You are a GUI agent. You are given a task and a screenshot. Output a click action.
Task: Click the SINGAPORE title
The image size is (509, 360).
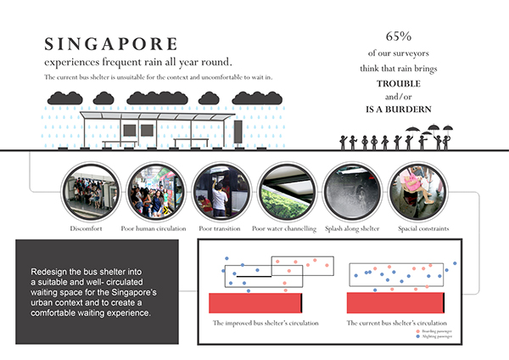pyautogui.click(x=112, y=44)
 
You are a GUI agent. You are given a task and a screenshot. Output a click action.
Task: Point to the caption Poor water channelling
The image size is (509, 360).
pyautogui.click(x=284, y=229)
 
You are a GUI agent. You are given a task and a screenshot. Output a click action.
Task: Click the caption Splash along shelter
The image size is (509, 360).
pyautogui.click(x=350, y=229)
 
